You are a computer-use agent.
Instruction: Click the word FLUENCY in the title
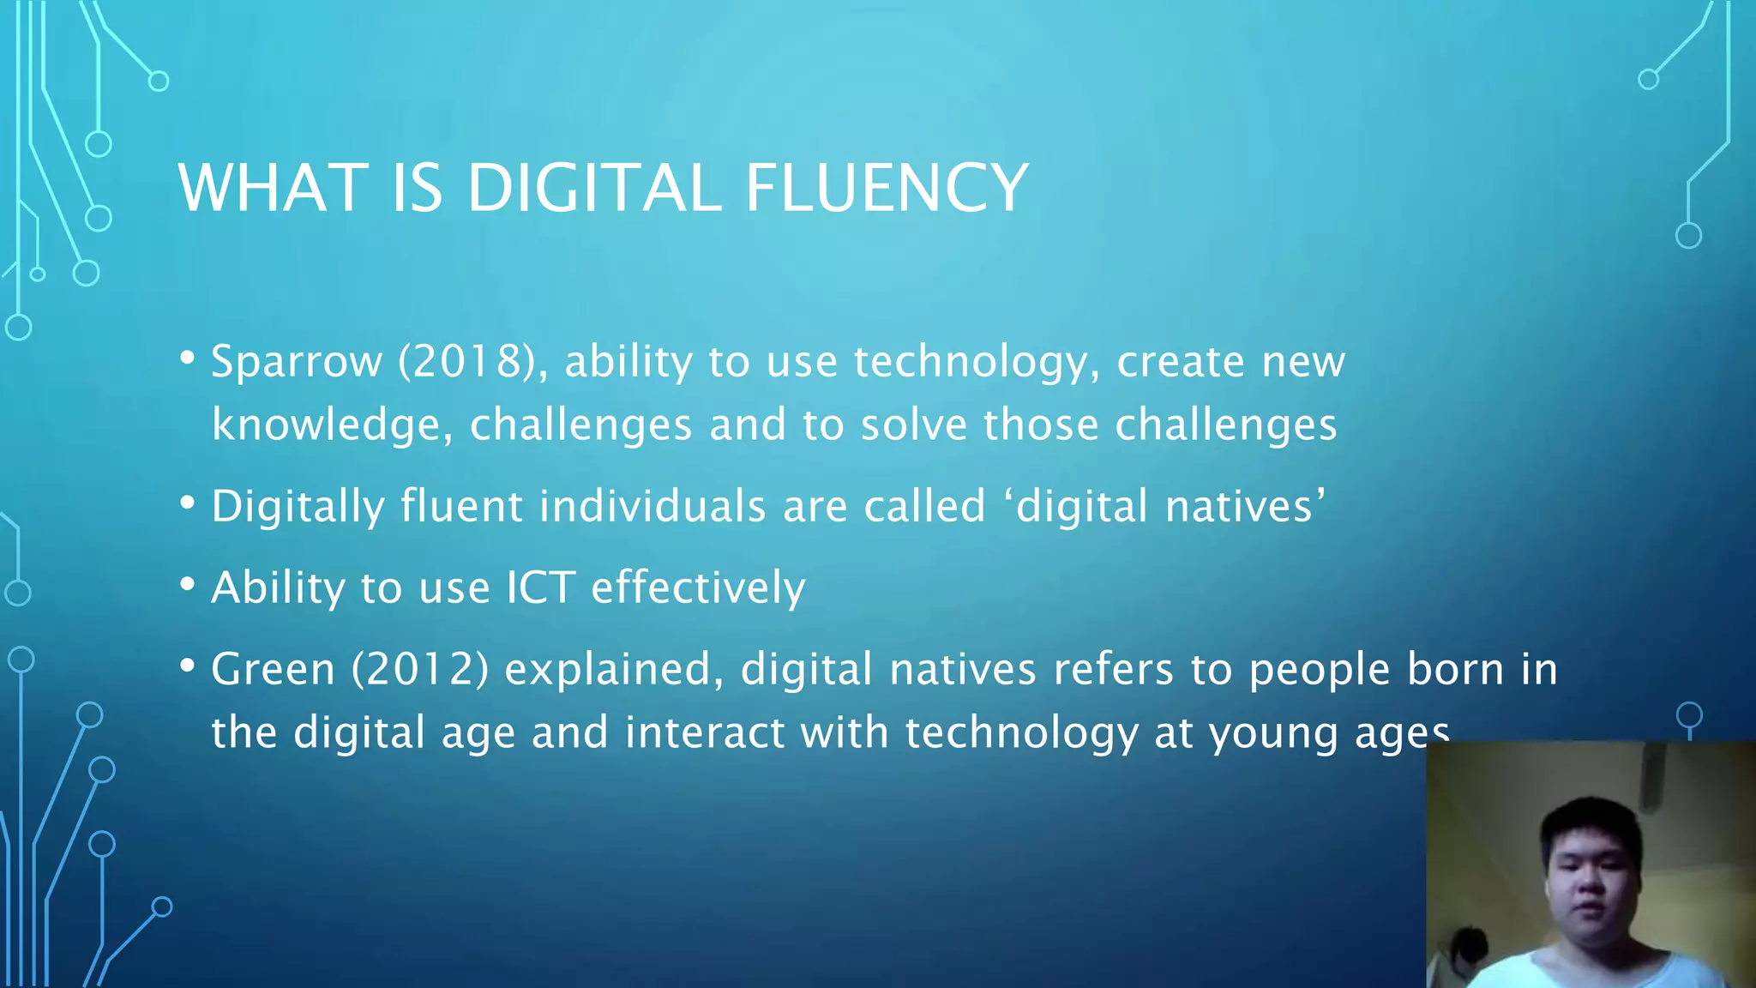coord(886,188)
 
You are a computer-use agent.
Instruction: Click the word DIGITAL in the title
coord(593,188)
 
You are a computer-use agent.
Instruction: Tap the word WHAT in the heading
coord(273,188)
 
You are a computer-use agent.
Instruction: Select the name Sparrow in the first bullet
coord(296,362)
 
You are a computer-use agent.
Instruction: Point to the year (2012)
coord(420,670)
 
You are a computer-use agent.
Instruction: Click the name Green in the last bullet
coord(273,670)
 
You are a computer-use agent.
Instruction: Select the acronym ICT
coord(540,588)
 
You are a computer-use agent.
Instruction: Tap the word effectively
coord(698,588)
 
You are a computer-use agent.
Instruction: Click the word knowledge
coord(332,425)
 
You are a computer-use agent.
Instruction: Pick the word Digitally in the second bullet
coord(298,507)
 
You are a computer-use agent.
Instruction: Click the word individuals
coord(652,507)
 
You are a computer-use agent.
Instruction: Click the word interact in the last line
coord(702,733)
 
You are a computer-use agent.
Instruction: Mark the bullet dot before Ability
coord(188,585)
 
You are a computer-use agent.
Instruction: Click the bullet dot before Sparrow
coord(188,358)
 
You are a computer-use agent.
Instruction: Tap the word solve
coord(913,425)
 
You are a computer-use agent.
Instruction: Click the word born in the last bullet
coord(1455,670)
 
